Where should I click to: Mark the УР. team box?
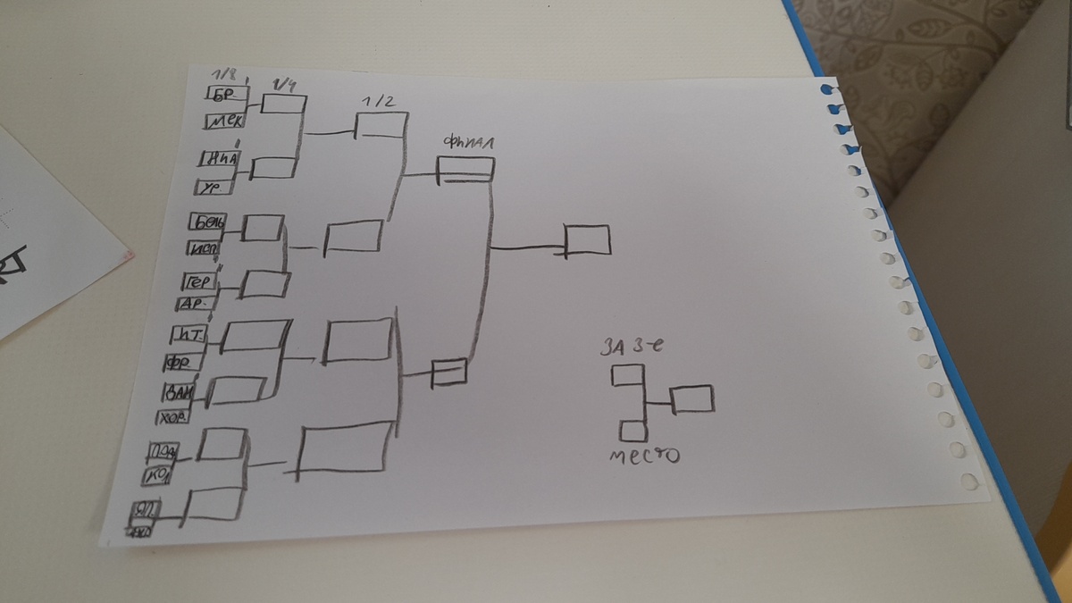coord(214,188)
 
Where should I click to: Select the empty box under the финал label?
coord(465,169)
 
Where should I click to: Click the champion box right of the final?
coord(588,239)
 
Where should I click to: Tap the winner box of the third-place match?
coord(692,398)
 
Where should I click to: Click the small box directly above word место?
coord(633,431)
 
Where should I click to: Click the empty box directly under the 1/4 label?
coord(283,105)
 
